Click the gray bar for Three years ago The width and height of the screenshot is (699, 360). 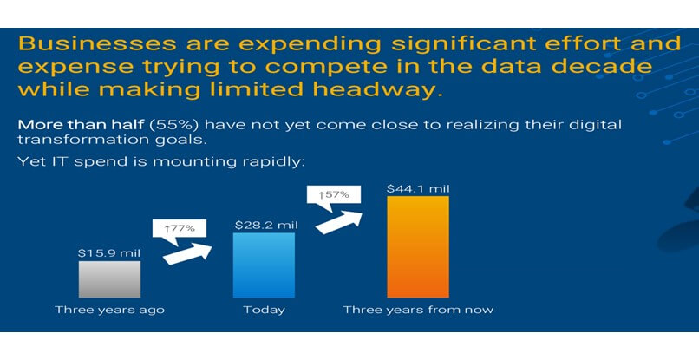[x=109, y=279]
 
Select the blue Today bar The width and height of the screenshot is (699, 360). [x=264, y=265]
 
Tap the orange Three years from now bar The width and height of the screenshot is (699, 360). [x=418, y=246]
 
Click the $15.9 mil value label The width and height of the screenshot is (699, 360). [x=109, y=253]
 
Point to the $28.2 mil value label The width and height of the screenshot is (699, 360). [x=266, y=226]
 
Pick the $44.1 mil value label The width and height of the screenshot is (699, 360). [x=418, y=189]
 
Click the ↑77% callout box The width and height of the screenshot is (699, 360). [x=180, y=229]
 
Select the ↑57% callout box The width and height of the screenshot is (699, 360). [x=333, y=195]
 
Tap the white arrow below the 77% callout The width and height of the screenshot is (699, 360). [x=187, y=254]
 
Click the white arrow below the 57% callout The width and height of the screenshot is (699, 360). [x=339, y=222]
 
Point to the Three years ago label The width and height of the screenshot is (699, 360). [x=109, y=310]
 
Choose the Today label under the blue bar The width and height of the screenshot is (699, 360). [x=264, y=310]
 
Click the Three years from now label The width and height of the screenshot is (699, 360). [x=418, y=310]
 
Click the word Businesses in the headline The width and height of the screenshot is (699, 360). [x=97, y=43]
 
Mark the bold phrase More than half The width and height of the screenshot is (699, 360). [x=82, y=124]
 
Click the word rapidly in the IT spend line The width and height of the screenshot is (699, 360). [x=274, y=161]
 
